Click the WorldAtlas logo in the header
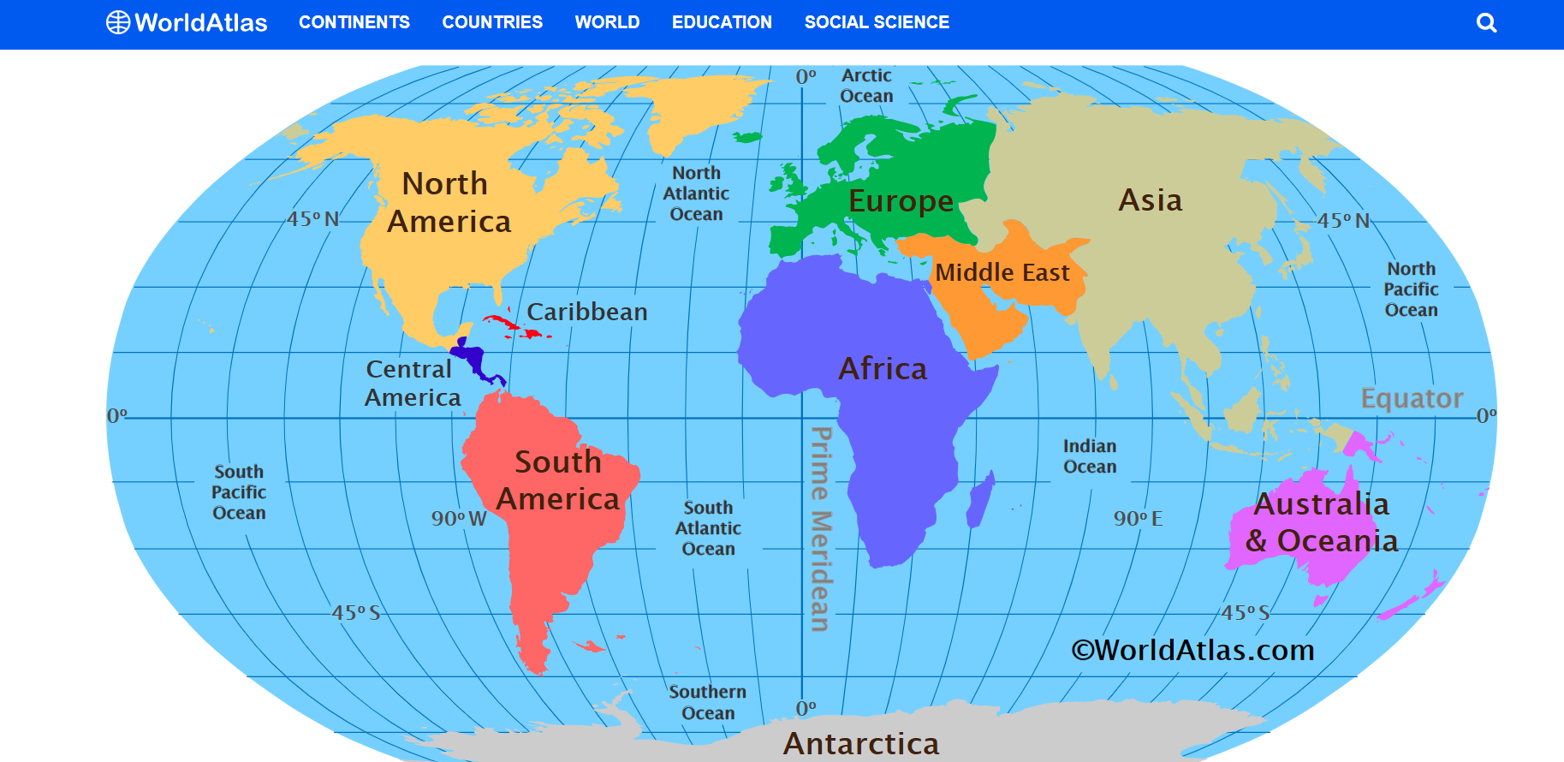coord(187,22)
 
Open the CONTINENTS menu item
coord(354,22)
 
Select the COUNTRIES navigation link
coord(492,22)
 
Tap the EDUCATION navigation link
coord(722,22)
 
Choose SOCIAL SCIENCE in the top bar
coord(877,22)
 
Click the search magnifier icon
coord(1487,23)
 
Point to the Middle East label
coord(1002,273)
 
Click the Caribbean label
coord(587,312)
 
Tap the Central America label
coord(412,383)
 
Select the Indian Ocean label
coord(1090,456)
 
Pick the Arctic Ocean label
coord(866,86)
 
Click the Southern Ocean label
coord(708,702)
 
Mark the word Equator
coord(1412,398)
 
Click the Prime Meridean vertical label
coord(820,529)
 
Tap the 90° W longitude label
coord(459,519)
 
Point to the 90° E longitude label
coord(1138,519)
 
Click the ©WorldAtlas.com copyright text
coord(1192,650)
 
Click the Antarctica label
coord(861,743)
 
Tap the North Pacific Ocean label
coord(1412,289)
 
